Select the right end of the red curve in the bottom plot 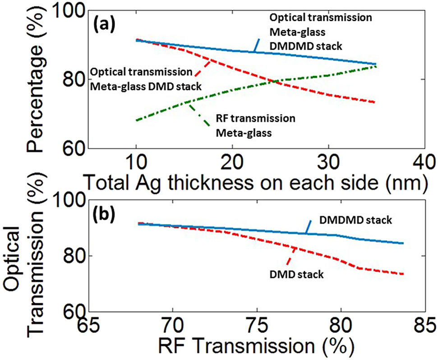403,274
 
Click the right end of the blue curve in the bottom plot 403,243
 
